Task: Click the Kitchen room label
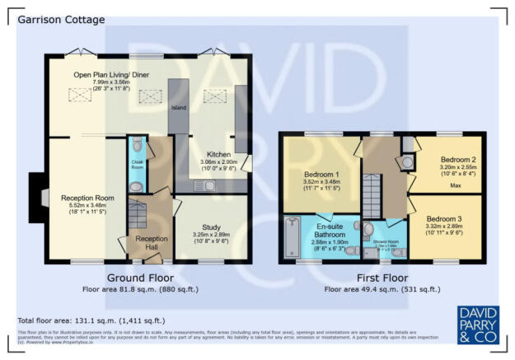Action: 212,155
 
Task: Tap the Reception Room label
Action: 87,198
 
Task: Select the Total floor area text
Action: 91,320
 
